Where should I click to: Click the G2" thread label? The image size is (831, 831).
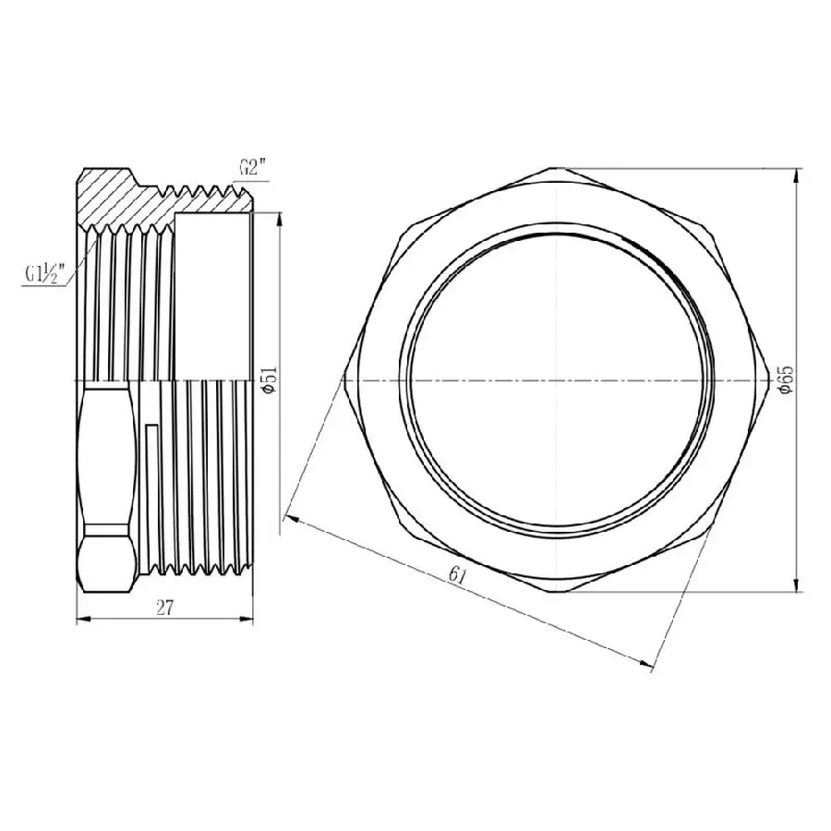pos(252,168)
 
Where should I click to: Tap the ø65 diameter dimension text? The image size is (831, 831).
pos(786,380)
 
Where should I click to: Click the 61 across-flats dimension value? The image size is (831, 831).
pos(456,575)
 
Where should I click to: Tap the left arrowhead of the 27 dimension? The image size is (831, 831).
pos(78,620)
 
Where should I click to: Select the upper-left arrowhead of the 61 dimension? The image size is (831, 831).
pos(293,517)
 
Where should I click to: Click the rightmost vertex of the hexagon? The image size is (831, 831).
pos(769,380)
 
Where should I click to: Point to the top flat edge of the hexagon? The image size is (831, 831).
pos(555,168)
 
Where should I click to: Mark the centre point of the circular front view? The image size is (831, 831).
pos(555,380)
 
